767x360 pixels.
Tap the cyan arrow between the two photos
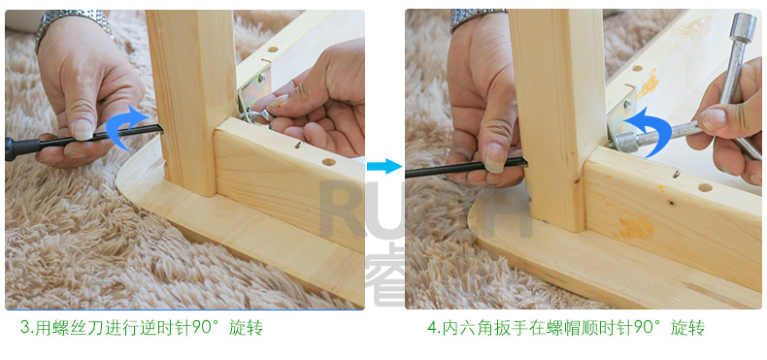[x=384, y=166]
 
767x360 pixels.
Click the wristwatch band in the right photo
[x=477, y=17]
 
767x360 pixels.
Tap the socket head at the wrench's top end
[x=743, y=28]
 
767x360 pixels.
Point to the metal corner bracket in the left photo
[x=253, y=94]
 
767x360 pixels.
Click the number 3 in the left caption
[x=24, y=327]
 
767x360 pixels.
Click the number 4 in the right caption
[x=432, y=327]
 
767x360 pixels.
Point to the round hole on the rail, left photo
[x=329, y=162]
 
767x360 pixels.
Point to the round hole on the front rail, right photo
[x=705, y=187]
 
